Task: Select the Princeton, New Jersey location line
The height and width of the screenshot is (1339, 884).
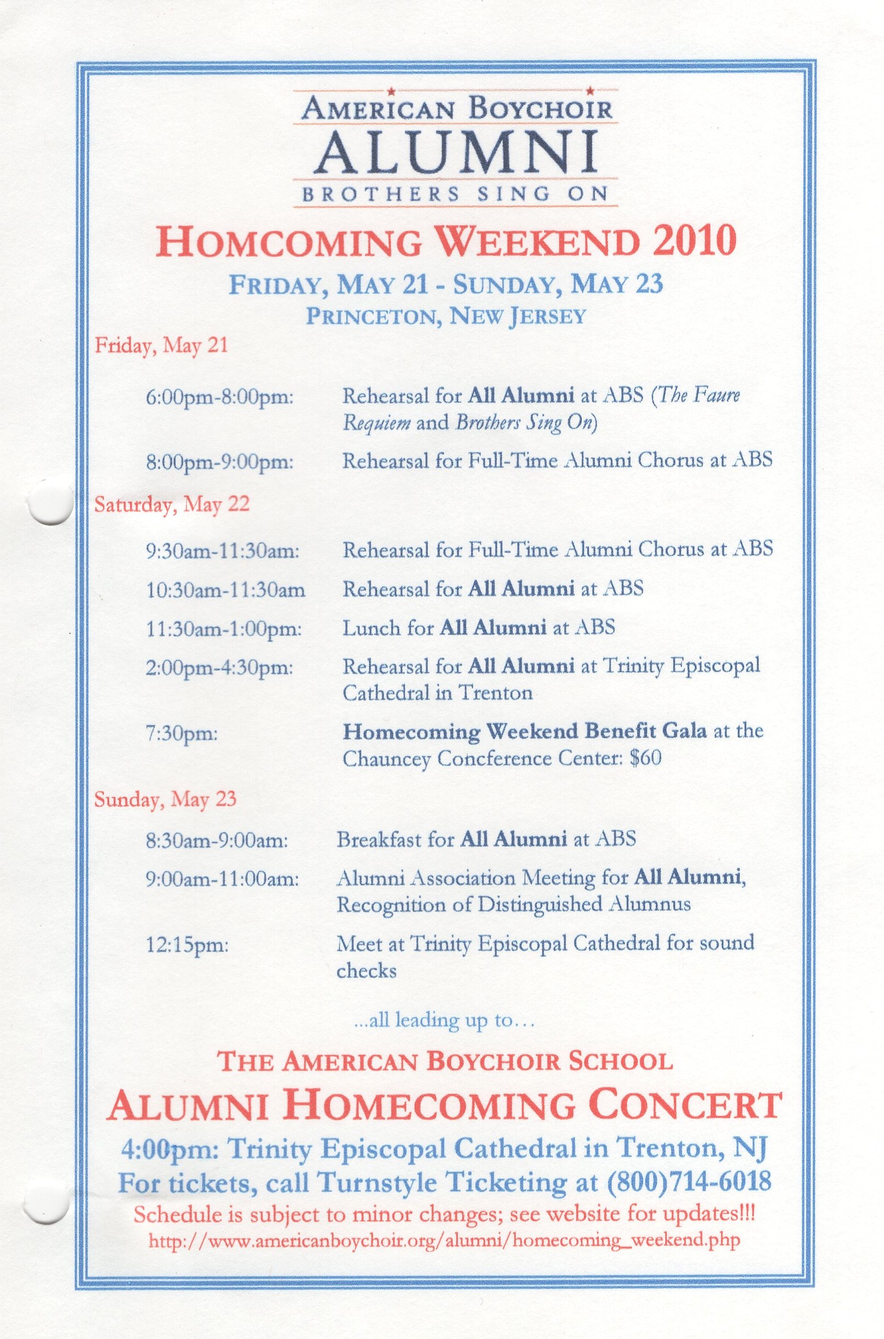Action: click(445, 316)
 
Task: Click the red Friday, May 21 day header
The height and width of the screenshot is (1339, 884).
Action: click(161, 344)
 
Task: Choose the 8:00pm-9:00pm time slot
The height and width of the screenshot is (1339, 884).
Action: click(219, 462)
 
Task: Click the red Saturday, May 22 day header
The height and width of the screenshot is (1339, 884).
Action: click(172, 504)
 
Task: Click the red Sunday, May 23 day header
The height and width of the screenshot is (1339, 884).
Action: click(165, 799)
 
